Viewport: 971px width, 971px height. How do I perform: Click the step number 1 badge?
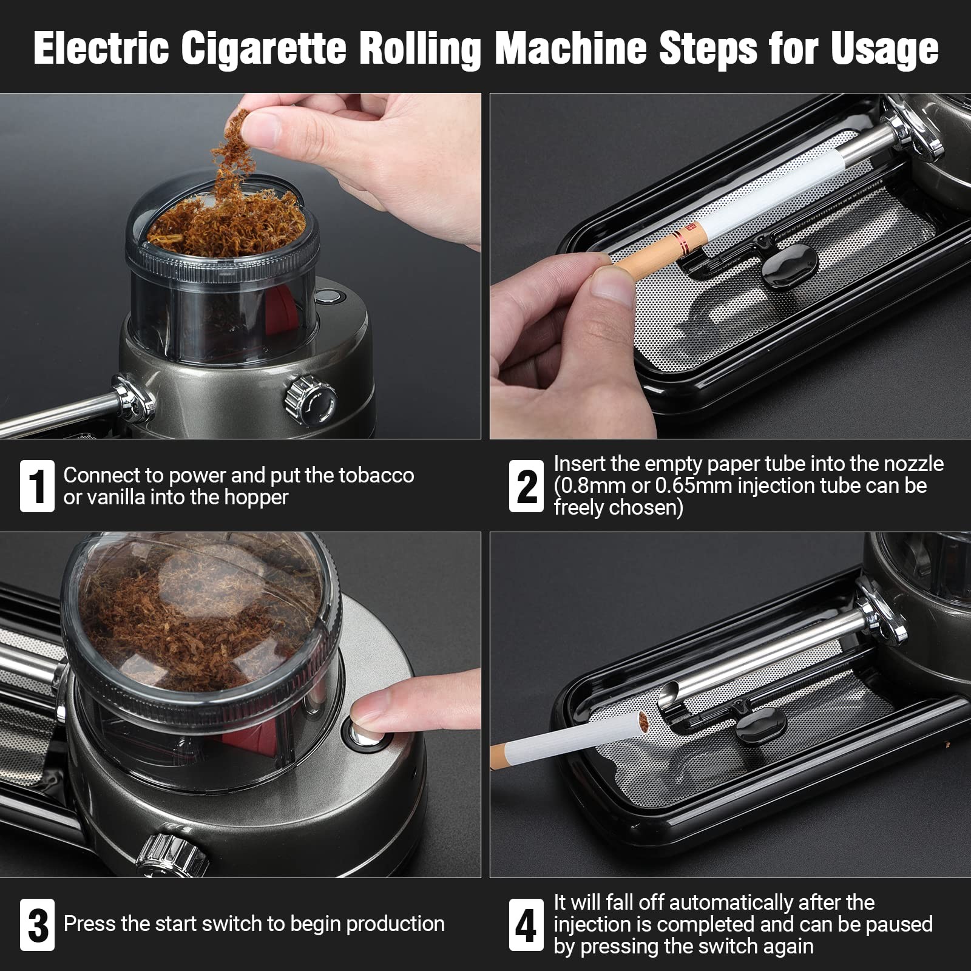click(37, 486)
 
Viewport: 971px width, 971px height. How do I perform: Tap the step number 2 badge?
click(526, 486)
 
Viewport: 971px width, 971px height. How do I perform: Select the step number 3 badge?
click(37, 924)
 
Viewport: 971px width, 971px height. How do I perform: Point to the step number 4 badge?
click(526, 924)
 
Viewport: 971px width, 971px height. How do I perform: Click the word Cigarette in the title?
click(263, 49)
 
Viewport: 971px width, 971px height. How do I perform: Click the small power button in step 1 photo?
click(328, 297)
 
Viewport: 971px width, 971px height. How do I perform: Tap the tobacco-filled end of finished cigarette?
click(642, 722)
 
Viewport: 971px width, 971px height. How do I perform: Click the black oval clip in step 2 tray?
click(789, 267)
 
